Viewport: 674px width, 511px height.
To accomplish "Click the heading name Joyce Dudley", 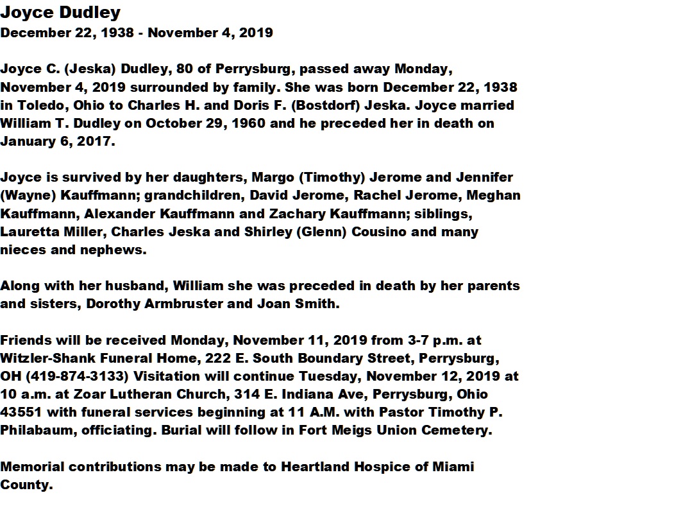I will pos(60,12).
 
